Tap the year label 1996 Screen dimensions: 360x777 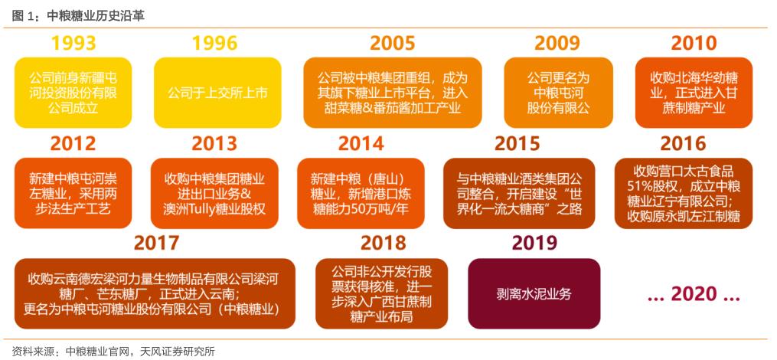click(x=214, y=44)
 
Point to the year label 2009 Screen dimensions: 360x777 click(x=557, y=44)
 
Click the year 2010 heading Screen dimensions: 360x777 click(x=694, y=44)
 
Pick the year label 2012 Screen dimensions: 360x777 click(x=73, y=143)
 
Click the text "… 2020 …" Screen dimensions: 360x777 click(x=694, y=293)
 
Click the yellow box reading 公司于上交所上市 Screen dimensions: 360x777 click(x=217, y=93)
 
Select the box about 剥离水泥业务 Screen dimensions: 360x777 click(x=534, y=293)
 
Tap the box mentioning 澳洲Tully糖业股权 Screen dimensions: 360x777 click(x=214, y=193)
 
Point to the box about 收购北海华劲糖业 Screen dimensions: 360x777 click(x=694, y=93)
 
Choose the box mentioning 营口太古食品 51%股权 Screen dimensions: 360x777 click(x=694, y=193)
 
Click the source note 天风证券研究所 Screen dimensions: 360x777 click(x=178, y=352)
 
